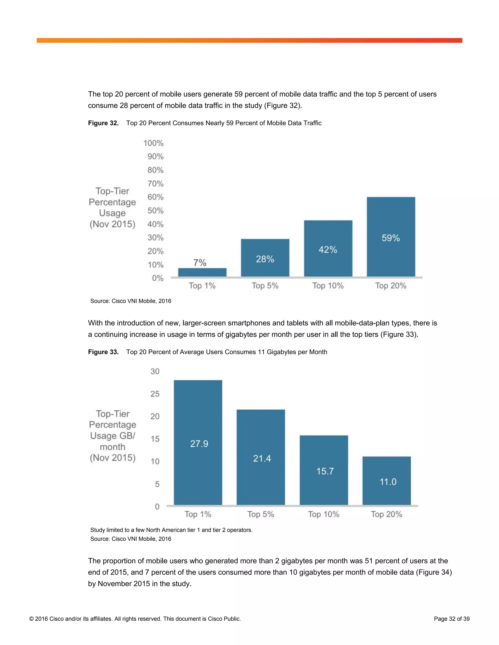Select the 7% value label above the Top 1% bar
coord(200,263)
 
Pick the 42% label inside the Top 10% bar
coord(328,250)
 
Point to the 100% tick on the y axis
coord(154,143)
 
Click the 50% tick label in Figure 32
coord(155,211)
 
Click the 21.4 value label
coord(262,459)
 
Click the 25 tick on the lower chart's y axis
coord(155,394)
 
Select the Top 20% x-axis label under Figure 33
coord(386,515)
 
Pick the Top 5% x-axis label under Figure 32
coord(265,286)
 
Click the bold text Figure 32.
coord(103,123)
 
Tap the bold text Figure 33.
coord(103,352)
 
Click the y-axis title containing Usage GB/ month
coord(113,436)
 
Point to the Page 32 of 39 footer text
coord(451,619)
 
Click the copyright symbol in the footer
coord(31,619)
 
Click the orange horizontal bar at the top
coord(249,40)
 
